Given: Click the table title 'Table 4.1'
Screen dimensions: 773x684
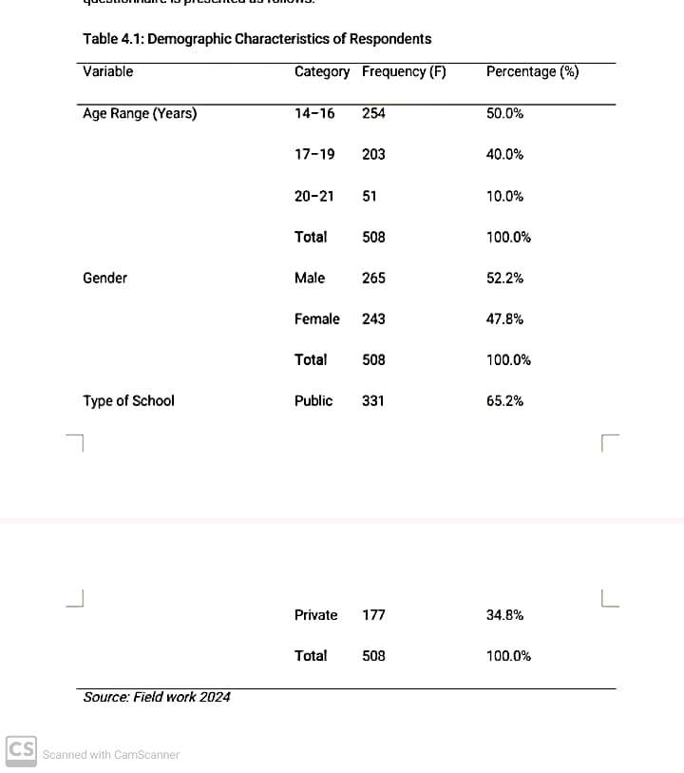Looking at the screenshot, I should coord(256,39).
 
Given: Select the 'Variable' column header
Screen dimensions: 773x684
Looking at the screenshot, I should coord(107,71).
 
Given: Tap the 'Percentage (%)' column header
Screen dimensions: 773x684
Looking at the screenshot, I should coord(532,71).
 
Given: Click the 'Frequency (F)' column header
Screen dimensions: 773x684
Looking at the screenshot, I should coord(404,71).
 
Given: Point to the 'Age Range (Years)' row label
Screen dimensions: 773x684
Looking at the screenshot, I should coord(140,113).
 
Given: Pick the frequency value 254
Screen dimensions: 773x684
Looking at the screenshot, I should coord(373,113).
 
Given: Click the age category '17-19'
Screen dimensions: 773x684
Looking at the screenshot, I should coord(314,154).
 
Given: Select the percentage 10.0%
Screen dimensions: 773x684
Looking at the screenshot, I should coord(504,196).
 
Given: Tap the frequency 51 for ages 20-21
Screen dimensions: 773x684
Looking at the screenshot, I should coord(370,196).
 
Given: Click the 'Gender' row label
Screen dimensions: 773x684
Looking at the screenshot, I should coord(104,278).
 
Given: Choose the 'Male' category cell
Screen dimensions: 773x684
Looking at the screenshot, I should coord(310,278).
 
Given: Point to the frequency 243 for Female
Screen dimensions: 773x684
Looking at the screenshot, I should coord(373,319).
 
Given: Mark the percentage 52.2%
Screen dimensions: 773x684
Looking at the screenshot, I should coord(504,278).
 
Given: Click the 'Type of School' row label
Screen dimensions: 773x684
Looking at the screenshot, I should coord(128,400).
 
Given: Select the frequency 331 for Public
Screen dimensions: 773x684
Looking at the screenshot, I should coord(373,400).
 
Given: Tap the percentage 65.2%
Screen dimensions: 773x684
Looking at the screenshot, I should coord(504,400).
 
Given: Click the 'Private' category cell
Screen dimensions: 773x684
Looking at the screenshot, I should coord(315,615).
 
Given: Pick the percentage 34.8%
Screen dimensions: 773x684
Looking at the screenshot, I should coord(504,615).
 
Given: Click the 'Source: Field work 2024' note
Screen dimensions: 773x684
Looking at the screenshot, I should coord(157,697).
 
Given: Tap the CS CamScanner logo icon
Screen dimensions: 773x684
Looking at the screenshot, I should coord(22,750).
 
